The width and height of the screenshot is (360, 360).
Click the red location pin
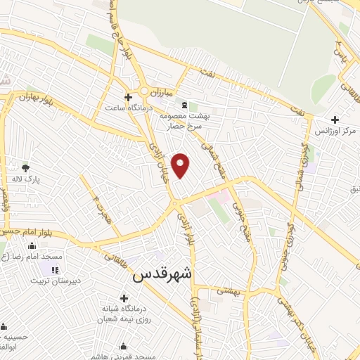coord(181,165)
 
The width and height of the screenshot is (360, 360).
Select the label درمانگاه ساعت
coord(129,108)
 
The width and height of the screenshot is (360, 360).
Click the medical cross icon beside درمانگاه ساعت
coord(128,97)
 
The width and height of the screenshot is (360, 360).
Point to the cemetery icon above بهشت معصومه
coord(174,103)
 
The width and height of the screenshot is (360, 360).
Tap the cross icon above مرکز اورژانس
coord(335,120)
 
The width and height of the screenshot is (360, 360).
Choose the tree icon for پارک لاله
coord(26,168)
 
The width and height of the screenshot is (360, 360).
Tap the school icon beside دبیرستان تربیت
coord(54,269)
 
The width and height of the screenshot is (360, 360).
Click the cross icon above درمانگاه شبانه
coord(124,298)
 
